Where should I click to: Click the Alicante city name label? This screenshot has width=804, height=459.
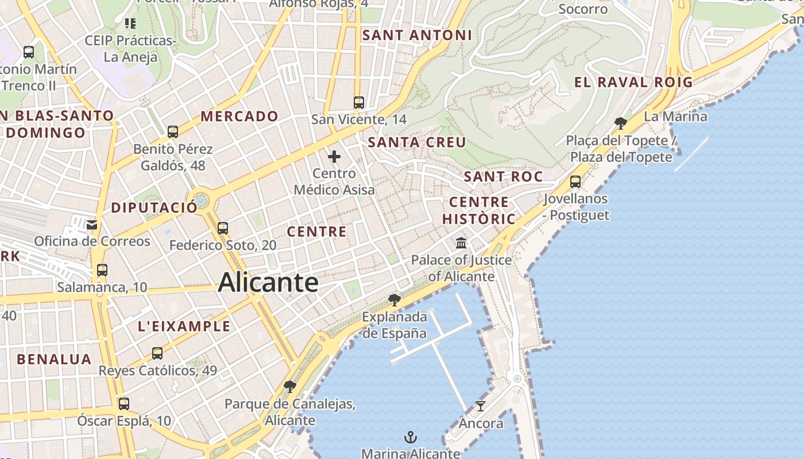[268, 282]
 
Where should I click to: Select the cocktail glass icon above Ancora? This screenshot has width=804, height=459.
[481, 406]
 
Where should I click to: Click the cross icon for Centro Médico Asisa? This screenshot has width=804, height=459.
[334, 156]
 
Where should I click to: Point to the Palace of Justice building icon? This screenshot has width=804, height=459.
[461, 243]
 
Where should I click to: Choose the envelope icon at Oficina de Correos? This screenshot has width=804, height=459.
[92, 224]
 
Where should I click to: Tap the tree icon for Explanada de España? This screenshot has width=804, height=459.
[394, 299]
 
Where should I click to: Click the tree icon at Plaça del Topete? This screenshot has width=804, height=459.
[620, 123]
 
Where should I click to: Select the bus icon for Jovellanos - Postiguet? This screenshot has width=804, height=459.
[575, 182]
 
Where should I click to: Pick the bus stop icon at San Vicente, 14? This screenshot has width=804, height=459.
[359, 103]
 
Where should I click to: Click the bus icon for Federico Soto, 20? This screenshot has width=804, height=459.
[223, 228]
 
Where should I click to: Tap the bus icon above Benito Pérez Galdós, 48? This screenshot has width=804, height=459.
[173, 132]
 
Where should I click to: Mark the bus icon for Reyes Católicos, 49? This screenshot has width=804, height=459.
[157, 353]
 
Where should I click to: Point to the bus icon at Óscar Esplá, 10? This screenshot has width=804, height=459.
[124, 404]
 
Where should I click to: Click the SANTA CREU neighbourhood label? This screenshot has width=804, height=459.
[417, 142]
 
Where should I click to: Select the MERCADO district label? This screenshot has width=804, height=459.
[239, 116]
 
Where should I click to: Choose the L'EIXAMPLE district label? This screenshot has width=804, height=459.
[184, 326]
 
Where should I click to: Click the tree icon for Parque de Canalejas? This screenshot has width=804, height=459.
[290, 387]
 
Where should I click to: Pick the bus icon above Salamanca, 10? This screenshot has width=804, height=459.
[102, 270]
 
